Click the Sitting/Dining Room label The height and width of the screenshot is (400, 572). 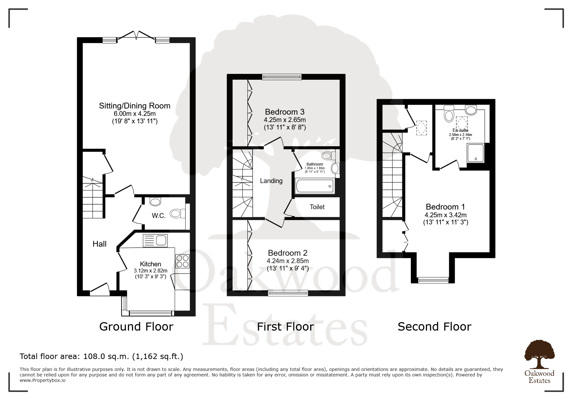point(134,106)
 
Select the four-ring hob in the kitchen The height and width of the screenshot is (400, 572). point(182,261)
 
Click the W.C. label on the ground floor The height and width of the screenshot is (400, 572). point(159,216)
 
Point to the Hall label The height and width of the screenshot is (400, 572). point(99,244)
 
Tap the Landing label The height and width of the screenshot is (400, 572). point(271,181)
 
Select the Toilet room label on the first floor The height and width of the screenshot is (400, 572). point(317,207)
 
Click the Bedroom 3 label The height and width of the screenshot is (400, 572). point(285,112)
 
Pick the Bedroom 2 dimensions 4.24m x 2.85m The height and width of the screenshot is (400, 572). point(288,261)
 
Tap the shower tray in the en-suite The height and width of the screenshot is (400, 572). point(475,153)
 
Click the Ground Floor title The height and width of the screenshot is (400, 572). point(136,326)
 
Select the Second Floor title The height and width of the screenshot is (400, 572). point(434,326)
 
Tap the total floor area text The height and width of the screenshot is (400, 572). point(101,356)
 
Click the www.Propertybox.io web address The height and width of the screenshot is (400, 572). point(43,380)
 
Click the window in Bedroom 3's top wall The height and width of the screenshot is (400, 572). point(282,77)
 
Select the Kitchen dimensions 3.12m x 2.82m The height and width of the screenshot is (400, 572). point(151,271)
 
